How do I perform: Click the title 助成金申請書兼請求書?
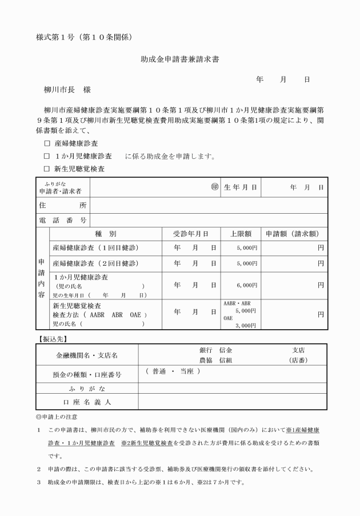tap(180, 58)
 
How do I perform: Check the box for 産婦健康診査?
tap(47, 143)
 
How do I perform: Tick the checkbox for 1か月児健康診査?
tap(47, 156)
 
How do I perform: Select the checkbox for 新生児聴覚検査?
tap(47, 169)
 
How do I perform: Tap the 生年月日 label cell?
tap(241, 187)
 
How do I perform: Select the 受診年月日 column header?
tap(190, 234)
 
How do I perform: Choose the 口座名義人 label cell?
tap(86, 402)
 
